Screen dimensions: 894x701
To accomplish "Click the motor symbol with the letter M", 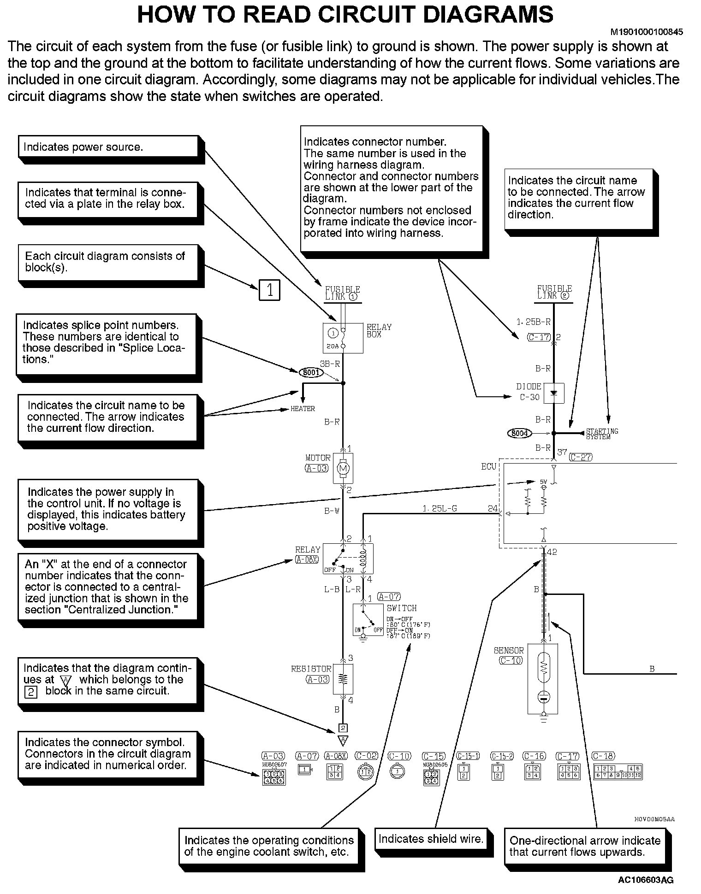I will click(343, 469).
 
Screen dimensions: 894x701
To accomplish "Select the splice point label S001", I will click(311, 372).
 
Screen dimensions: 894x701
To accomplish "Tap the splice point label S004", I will click(519, 433).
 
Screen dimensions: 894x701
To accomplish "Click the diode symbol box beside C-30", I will click(554, 393).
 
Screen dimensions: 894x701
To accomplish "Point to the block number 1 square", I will click(269, 290).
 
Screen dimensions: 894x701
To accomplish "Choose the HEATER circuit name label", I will click(303, 409).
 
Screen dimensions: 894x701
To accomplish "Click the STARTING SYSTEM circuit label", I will click(602, 434).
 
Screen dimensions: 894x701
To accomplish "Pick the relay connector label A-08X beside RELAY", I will click(307, 560).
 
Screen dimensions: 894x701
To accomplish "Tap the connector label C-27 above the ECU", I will click(581, 457).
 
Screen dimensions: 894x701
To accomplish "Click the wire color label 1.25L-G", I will click(440, 509).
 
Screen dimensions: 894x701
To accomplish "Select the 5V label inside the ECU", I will click(544, 482).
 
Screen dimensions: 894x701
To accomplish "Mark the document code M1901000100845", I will click(647, 32).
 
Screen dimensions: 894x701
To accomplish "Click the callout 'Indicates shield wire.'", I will click(431, 839).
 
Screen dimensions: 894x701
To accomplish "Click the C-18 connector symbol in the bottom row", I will click(618, 772).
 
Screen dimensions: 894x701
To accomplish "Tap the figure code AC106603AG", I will click(646, 881).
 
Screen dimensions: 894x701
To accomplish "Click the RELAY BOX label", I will click(379, 330).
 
